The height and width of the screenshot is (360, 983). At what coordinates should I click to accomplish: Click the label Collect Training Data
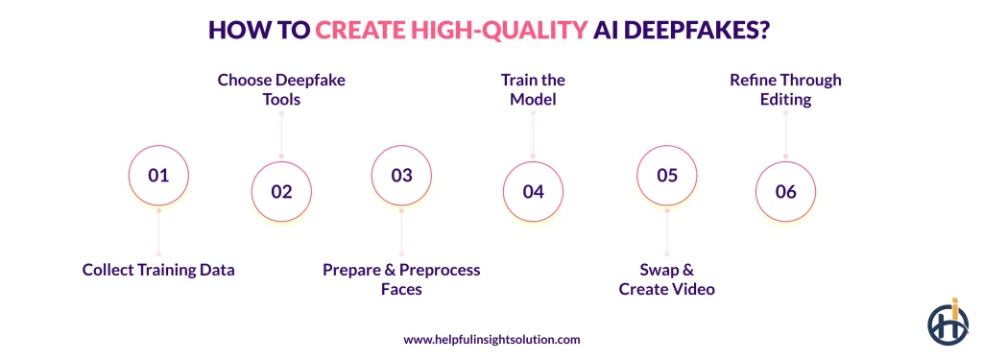[158, 271]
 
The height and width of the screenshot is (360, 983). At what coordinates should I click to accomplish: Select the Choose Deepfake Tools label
[281, 89]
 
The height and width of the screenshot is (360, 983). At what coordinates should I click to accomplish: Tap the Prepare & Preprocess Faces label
[402, 279]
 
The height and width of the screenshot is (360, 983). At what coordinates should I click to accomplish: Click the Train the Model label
[533, 89]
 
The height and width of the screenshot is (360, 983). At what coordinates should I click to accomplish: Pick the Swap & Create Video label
[667, 279]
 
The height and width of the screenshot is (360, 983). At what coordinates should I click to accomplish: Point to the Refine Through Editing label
[785, 89]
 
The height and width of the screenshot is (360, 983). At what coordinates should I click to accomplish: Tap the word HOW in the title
[239, 30]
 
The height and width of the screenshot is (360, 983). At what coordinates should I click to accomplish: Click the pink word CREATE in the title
[359, 30]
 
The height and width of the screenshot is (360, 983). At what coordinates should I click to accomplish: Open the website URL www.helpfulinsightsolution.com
[491, 340]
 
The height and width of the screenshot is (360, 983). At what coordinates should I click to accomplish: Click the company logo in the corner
[947, 321]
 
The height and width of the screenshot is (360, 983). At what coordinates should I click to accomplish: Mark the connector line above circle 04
[533, 134]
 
